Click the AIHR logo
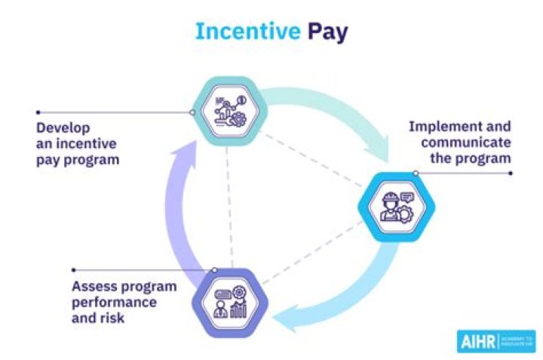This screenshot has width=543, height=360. (495, 341)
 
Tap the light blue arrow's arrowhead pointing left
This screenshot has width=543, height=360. (284, 324)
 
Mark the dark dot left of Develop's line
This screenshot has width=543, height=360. (38, 112)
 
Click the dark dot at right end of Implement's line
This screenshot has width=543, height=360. (511, 173)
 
